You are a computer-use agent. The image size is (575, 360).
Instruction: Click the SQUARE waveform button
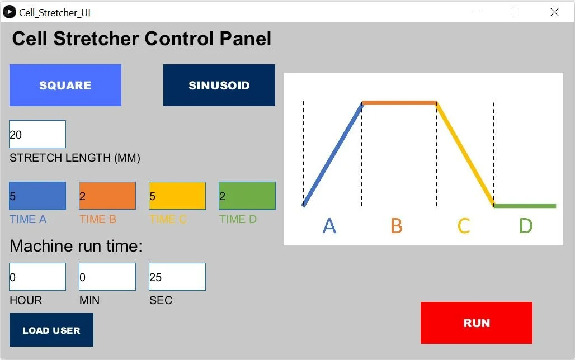coord(65,85)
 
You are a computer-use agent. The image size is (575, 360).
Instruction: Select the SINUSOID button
coord(219,85)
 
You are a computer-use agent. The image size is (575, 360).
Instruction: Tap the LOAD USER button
coord(51,330)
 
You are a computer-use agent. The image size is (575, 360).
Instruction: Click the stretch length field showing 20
coord(37,134)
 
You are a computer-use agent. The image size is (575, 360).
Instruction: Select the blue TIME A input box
coord(37,196)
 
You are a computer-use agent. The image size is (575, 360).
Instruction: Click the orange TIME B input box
coord(107,196)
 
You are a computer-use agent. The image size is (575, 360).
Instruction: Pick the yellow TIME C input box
coord(177,196)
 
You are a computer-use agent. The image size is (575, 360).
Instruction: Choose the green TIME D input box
coord(247,196)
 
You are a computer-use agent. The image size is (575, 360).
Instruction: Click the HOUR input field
coord(37,277)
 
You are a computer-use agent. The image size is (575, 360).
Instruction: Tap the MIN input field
coord(107,277)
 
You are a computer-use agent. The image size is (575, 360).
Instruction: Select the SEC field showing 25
coord(177,277)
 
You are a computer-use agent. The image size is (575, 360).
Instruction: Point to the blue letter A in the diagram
coord(329,226)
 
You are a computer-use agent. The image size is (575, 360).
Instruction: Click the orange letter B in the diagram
coord(397,226)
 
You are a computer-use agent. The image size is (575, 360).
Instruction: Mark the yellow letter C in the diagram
coord(464,226)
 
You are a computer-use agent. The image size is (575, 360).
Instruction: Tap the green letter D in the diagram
coord(526,226)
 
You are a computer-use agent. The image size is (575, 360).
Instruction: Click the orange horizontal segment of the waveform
coord(399,102)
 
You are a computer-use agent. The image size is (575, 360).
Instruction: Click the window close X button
coord(554,12)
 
